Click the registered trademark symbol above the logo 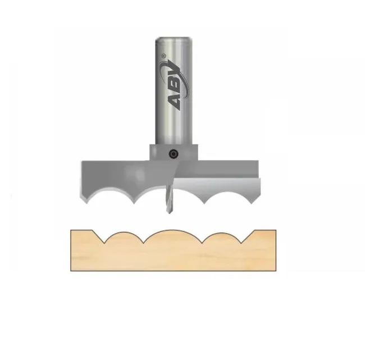click(x=164, y=55)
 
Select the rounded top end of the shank click(x=173, y=40)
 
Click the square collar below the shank click(x=174, y=152)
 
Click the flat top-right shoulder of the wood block click(x=266, y=230)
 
